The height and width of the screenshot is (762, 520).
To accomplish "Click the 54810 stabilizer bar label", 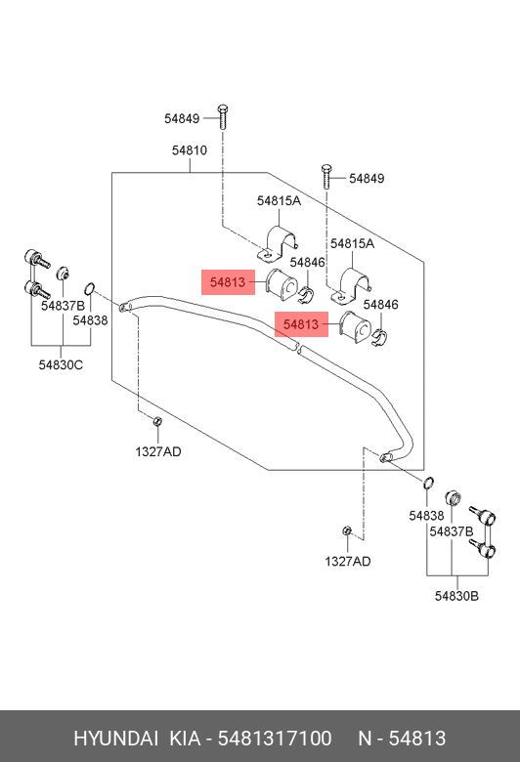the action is coord(190,150).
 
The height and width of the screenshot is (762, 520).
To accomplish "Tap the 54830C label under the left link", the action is coord(61,364).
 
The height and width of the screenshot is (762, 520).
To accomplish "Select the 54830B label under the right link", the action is coord(456,596).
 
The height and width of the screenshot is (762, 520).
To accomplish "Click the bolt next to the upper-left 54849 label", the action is coord(223,116).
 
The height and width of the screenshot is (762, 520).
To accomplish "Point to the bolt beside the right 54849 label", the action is coord(325,177).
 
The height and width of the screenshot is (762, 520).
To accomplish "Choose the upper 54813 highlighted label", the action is coord(228,282).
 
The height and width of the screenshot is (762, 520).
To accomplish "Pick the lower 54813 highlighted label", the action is coord(301,324).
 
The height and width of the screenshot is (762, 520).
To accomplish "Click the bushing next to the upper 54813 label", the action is coord(282,283).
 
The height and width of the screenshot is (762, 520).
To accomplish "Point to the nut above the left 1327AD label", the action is coord(157,421).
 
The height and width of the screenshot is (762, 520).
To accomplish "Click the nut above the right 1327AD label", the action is coord(347,530).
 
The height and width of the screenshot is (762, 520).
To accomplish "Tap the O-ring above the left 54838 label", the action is coord(89,288).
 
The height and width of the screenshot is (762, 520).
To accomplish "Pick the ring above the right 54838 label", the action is coord(428,483).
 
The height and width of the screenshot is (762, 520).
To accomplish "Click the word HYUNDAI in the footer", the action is coord(115,739).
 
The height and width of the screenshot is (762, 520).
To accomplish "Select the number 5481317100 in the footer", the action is coord(275,739).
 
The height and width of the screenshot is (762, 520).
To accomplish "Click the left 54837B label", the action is coord(63,306).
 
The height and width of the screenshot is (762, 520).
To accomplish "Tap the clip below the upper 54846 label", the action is coord(306,294).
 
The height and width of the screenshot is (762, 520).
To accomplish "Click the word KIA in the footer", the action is coord(185,739).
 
